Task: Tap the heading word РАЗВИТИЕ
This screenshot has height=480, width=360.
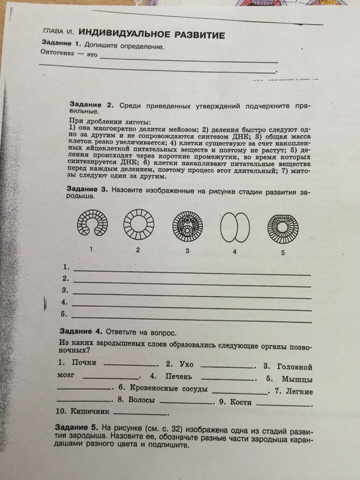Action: [x=199, y=36]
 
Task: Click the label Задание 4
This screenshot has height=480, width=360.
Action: [x=81, y=331]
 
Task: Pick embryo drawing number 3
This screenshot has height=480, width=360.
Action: [x=187, y=227]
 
